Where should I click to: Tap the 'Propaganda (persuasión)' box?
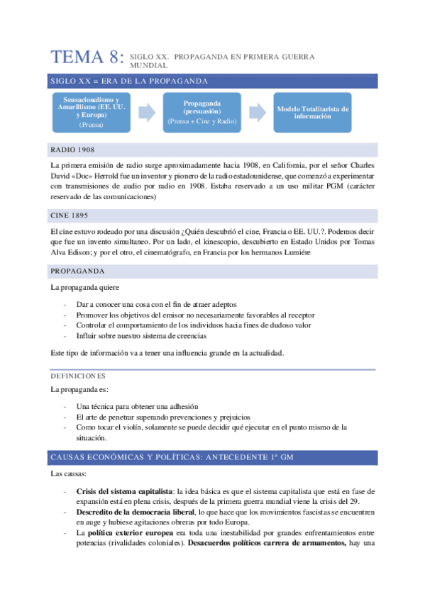[x=202, y=111]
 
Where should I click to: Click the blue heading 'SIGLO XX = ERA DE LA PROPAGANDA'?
[x=128, y=80]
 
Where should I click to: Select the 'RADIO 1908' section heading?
[x=73, y=150]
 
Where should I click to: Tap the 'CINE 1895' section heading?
[x=70, y=214]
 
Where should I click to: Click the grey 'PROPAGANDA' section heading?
[x=77, y=271]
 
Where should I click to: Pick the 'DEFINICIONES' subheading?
[x=78, y=376]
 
